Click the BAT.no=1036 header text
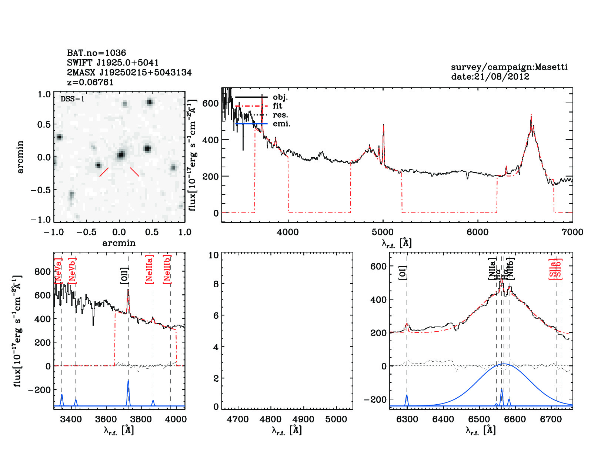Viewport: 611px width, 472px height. (x=96, y=53)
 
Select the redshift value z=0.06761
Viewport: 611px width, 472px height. (x=90, y=82)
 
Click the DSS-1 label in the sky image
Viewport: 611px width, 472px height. (x=73, y=99)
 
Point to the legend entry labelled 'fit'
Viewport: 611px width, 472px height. (x=277, y=106)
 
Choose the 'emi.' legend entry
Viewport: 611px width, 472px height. (x=281, y=124)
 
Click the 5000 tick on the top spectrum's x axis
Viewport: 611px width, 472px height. (x=383, y=232)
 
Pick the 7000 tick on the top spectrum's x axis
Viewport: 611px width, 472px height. (x=572, y=232)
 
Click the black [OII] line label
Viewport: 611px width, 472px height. (x=125, y=276)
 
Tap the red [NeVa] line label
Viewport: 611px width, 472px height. (x=58, y=271)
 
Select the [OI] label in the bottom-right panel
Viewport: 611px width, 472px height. (x=403, y=272)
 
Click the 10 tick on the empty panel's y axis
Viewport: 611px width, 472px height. (x=214, y=255)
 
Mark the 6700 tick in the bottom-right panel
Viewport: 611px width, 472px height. (x=551, y=419)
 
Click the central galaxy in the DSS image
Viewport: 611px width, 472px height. (x=120, y=154)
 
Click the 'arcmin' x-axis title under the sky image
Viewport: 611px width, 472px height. (x=119, y=243)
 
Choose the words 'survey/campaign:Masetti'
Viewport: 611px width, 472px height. (x=509, y=67)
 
